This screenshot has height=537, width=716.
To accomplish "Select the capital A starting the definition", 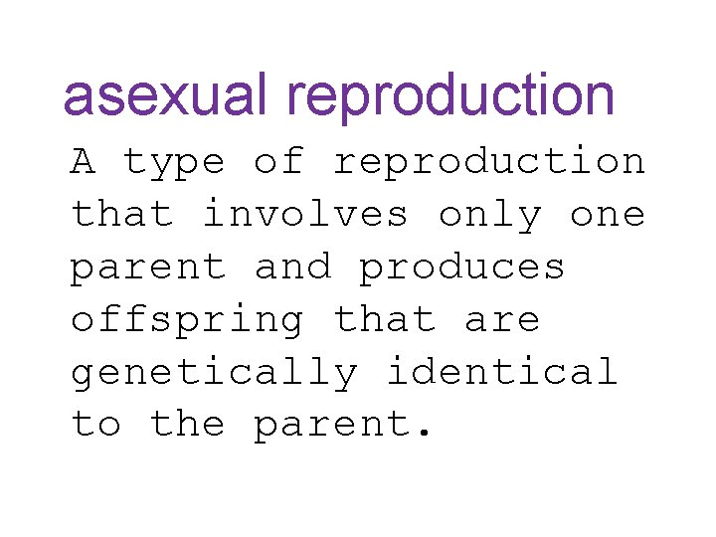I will tap(83, 161).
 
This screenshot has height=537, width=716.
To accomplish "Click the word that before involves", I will tap(121, 214).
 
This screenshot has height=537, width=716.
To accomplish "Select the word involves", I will tap(305, 214).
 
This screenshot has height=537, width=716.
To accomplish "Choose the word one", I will tap(608, 216).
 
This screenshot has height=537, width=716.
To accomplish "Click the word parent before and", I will tap(147, 268).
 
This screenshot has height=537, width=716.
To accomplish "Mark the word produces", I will tap(462, 268).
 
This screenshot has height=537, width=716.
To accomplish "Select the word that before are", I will tap(384, 319).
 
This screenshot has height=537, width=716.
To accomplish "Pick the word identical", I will tap(502, 372).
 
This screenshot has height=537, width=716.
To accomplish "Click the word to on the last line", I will tap(95, 426).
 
